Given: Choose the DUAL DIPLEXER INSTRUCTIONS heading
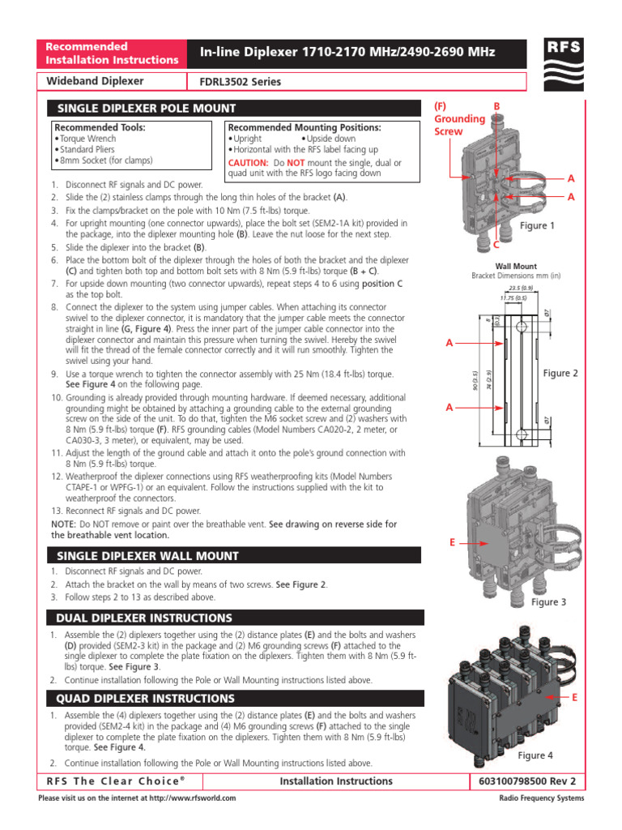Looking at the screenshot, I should [143, 618].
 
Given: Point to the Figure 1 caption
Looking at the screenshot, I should [537, 226].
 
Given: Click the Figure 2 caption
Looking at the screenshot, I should [560, 373].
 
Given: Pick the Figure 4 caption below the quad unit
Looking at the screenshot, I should [535, 755].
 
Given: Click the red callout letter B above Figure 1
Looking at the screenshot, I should [497, 106].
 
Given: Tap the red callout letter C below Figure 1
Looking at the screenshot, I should [496, 244].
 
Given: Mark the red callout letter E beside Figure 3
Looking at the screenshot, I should [452, 541].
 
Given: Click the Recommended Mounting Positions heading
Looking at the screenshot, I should [305, 128].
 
